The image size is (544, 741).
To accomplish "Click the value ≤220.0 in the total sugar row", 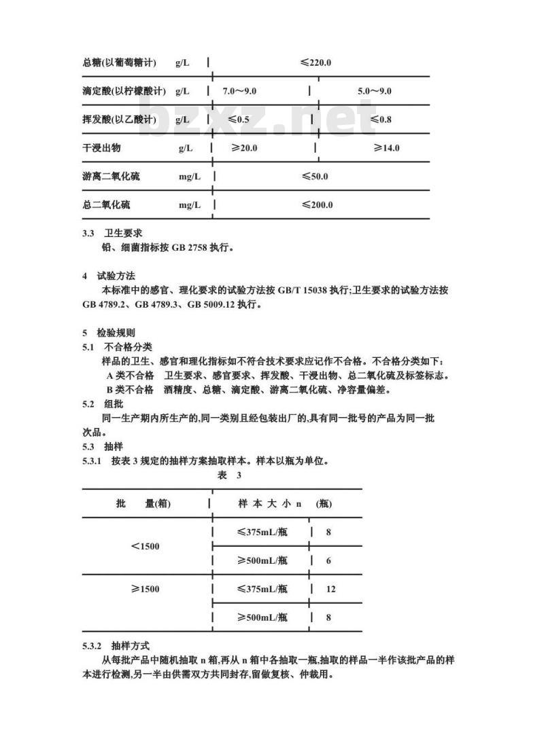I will point(316,63).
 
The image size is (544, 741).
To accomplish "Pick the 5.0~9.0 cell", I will point(375,91).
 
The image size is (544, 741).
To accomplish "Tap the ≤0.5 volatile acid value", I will point(239,120).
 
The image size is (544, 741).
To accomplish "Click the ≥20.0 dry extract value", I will point(244,148).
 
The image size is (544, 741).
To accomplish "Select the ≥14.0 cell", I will point(386,148).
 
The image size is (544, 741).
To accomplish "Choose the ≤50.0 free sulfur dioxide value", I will point(315,177).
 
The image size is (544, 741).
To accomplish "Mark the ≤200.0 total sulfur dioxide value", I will point(318,204).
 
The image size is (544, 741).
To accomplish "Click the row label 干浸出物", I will point(101,148).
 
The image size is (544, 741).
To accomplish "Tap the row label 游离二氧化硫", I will point(111,177).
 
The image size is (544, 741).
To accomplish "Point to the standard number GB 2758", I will point(190,248).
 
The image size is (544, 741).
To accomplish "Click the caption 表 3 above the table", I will point(229,475).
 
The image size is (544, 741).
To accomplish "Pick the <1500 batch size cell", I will point(145,546).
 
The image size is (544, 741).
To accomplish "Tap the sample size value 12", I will point(330,589).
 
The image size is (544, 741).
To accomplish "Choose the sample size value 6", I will point(328,560).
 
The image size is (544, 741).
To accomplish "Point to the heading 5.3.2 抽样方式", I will point(116,645).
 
